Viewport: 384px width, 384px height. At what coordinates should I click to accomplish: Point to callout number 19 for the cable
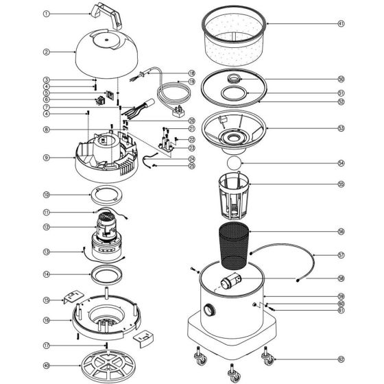191,82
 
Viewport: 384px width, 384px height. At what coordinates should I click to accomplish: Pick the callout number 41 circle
341,23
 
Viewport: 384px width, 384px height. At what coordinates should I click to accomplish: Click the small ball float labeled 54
232,164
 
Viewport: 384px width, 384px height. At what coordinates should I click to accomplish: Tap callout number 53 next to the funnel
341,128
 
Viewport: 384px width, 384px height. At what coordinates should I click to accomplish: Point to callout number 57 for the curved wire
341,255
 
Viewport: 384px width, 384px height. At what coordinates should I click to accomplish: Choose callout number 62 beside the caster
341,359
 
